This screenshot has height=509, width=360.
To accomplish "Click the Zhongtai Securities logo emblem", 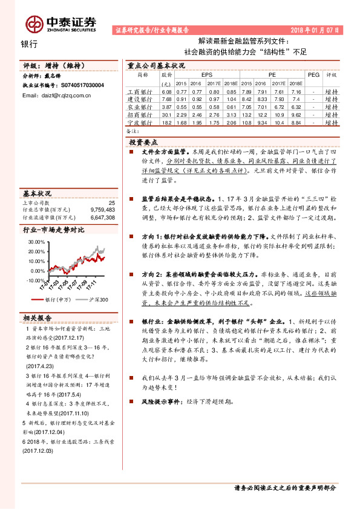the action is coord(33,24).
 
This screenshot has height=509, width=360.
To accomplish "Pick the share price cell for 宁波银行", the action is coord(167,122).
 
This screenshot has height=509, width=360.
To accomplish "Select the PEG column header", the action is coord(313,74).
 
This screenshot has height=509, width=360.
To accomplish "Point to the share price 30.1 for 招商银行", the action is coord(167,114).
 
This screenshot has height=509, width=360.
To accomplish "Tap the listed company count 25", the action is coord(111,203).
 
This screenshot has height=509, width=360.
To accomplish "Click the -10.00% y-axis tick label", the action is coord(36,280).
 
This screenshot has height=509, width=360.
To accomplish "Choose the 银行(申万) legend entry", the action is coord(59,300).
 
